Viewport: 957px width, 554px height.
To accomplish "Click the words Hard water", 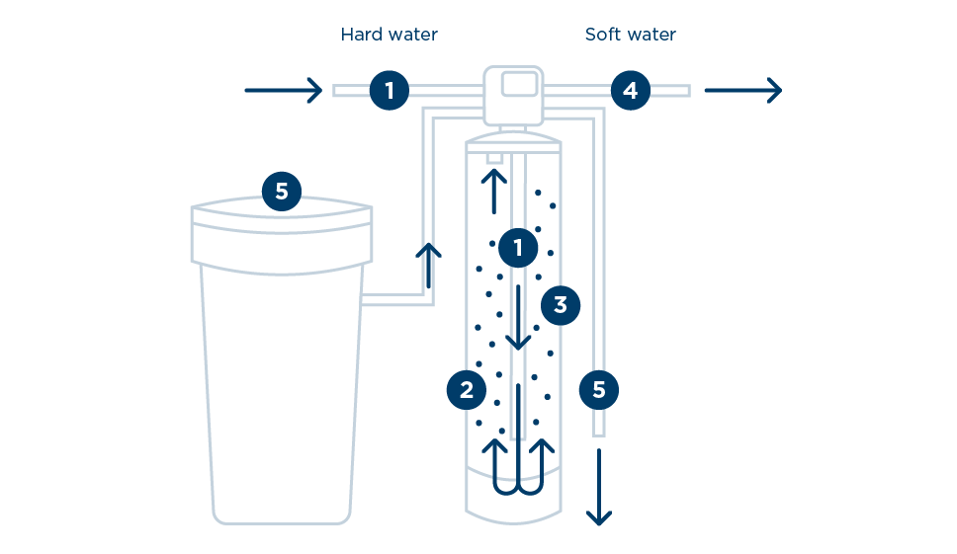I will pyautogui.click(x=389, y=35).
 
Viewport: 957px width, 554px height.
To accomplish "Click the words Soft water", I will pyautogui.click(x=630, y=35).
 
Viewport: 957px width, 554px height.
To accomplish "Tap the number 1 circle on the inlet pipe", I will pyautogui.click(x=390, y=91).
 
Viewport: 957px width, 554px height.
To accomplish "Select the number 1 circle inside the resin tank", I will pyautogui.click(x=518, y=247).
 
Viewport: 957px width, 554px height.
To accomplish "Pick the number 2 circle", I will pyautogui.click(x=466, y=389).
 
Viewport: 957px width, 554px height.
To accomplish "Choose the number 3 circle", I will pyautogui.click(x=560, y=305).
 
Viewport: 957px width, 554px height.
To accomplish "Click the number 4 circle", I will pyautogui.click(x=630, y=91).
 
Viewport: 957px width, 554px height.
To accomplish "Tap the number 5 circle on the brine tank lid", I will pyautogui.click(x=282, y=192).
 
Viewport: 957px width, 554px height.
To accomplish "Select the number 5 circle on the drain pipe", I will pyautogui.click(x=598, y=389).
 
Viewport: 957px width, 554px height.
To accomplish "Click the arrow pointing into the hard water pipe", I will pyautogui.click(x=284, y=91).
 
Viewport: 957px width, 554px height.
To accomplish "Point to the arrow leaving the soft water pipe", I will pyautogui.click(x=742, y=91).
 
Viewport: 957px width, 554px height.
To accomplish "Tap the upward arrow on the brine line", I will pyautogui.click(x=428, y=265).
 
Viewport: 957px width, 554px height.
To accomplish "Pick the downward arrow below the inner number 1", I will pyautogui.click(x=518, y=316).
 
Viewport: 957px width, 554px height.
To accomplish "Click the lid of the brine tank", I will pyautogui.click(x=282, y=237).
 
